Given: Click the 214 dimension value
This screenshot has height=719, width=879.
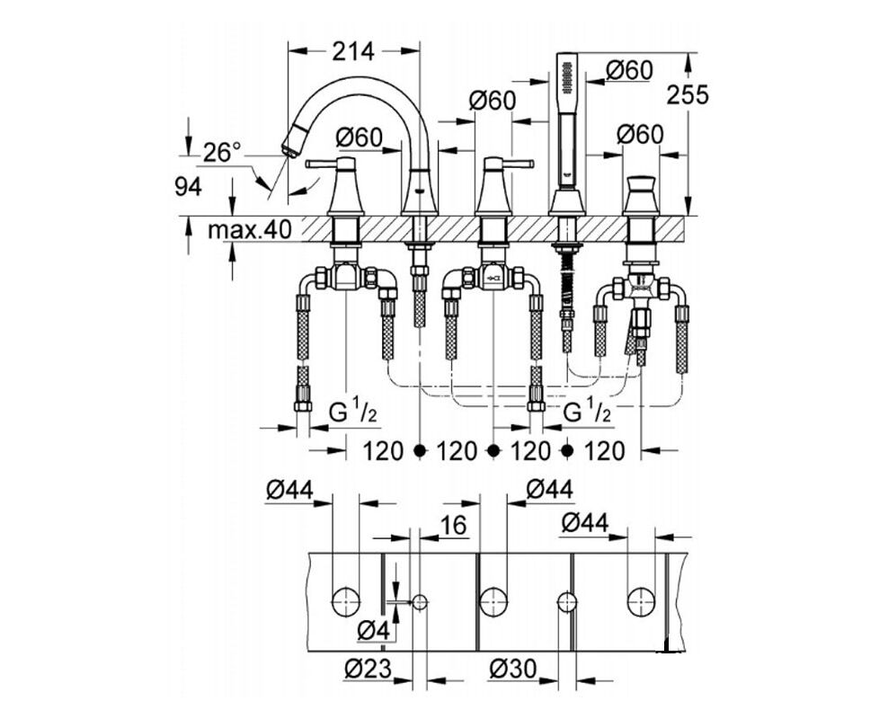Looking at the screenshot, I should (352, 51).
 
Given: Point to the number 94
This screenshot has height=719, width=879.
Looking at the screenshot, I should (188, 187).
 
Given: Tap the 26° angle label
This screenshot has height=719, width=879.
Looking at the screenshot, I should (222, 152).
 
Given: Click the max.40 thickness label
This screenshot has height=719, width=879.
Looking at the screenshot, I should (250, 230).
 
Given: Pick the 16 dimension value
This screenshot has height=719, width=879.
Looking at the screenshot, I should (454, 525).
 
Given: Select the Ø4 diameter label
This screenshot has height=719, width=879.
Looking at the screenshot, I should (373, 631).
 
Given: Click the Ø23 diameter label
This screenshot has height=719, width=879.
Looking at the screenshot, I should (366, 669).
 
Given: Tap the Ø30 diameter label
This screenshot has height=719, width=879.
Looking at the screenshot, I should (513, 669).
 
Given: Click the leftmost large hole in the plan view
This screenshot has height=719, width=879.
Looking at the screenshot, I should (346, 601).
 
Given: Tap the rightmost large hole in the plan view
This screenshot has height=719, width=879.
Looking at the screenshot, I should (641, 601).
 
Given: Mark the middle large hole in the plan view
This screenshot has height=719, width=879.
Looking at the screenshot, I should (493, 601).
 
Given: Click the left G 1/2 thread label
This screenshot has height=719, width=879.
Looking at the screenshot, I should (351, 413).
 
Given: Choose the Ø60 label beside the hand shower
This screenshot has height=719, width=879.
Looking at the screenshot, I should (628, 71).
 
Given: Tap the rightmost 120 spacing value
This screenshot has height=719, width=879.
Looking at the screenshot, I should (604, 450).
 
